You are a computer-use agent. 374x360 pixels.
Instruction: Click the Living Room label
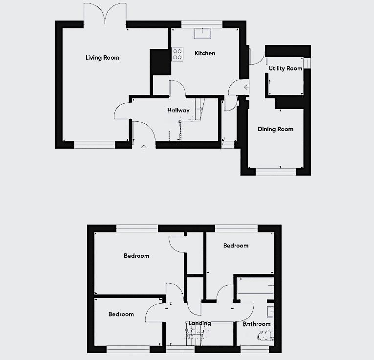[x=102, y=58]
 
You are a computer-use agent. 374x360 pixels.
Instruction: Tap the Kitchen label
[x=205, y=53]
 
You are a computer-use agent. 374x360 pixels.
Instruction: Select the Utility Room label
[x=286, y=68]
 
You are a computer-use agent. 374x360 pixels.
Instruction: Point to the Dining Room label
[x=275, y=129]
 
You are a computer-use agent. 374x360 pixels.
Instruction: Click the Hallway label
[x=178, y=111]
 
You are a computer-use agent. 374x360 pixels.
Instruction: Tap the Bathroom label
[x=257, y=324]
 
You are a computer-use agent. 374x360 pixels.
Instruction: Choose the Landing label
[x=199, y=323]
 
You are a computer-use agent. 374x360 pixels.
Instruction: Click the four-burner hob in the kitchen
[x=177, y=53]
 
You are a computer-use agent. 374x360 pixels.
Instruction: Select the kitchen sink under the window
[x=202, y=33]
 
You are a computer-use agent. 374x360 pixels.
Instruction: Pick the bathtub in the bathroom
[x=255, y=287]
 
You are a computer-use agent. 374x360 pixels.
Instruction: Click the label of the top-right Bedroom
[x=236, y=246]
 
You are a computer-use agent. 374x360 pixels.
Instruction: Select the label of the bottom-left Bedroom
[x=121, y=314]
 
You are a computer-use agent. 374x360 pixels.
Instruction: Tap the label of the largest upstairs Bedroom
[x=136, y=256]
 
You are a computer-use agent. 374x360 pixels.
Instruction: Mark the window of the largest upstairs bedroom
[x=137, y=227]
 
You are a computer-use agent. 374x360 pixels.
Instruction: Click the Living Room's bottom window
[x=95, y=144]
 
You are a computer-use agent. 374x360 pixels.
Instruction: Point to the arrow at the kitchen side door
[x=246, y=88]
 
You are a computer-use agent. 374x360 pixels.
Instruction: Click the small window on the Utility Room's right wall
[x=307, y=64]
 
